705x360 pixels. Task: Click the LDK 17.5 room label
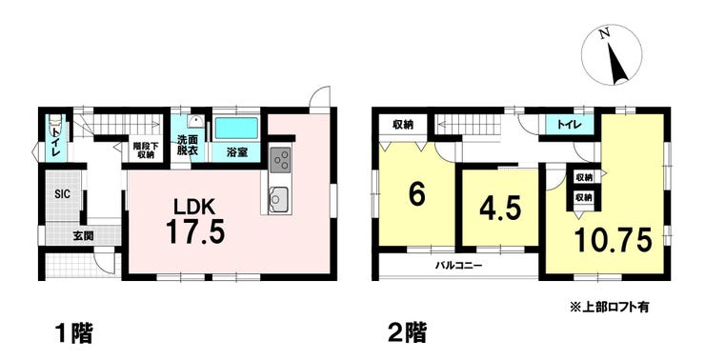(x=194, y=222)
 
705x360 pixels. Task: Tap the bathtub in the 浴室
(x=236, y=128)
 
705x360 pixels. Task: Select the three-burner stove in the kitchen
(x=280, y=160)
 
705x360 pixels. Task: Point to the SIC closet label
(x=62, y=194)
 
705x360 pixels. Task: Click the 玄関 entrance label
(x=84, y=235)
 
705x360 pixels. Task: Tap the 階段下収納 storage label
(x=144, y=150)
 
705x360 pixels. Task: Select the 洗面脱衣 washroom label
(x=187, y=146)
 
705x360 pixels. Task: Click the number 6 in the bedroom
(x=416, y=195)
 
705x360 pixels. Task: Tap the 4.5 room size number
(x=500, y=209)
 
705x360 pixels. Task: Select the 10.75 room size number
(x=613, y=240)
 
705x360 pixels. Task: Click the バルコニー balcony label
(x=458, y=266)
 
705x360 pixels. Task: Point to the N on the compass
(x=605, y=32)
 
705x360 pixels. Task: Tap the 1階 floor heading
(x=73, y=334)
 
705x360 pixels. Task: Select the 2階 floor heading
(x=407, y=334)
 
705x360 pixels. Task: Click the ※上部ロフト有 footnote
(x=610, y=308)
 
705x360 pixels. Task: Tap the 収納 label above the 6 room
(x=403, y=125)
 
